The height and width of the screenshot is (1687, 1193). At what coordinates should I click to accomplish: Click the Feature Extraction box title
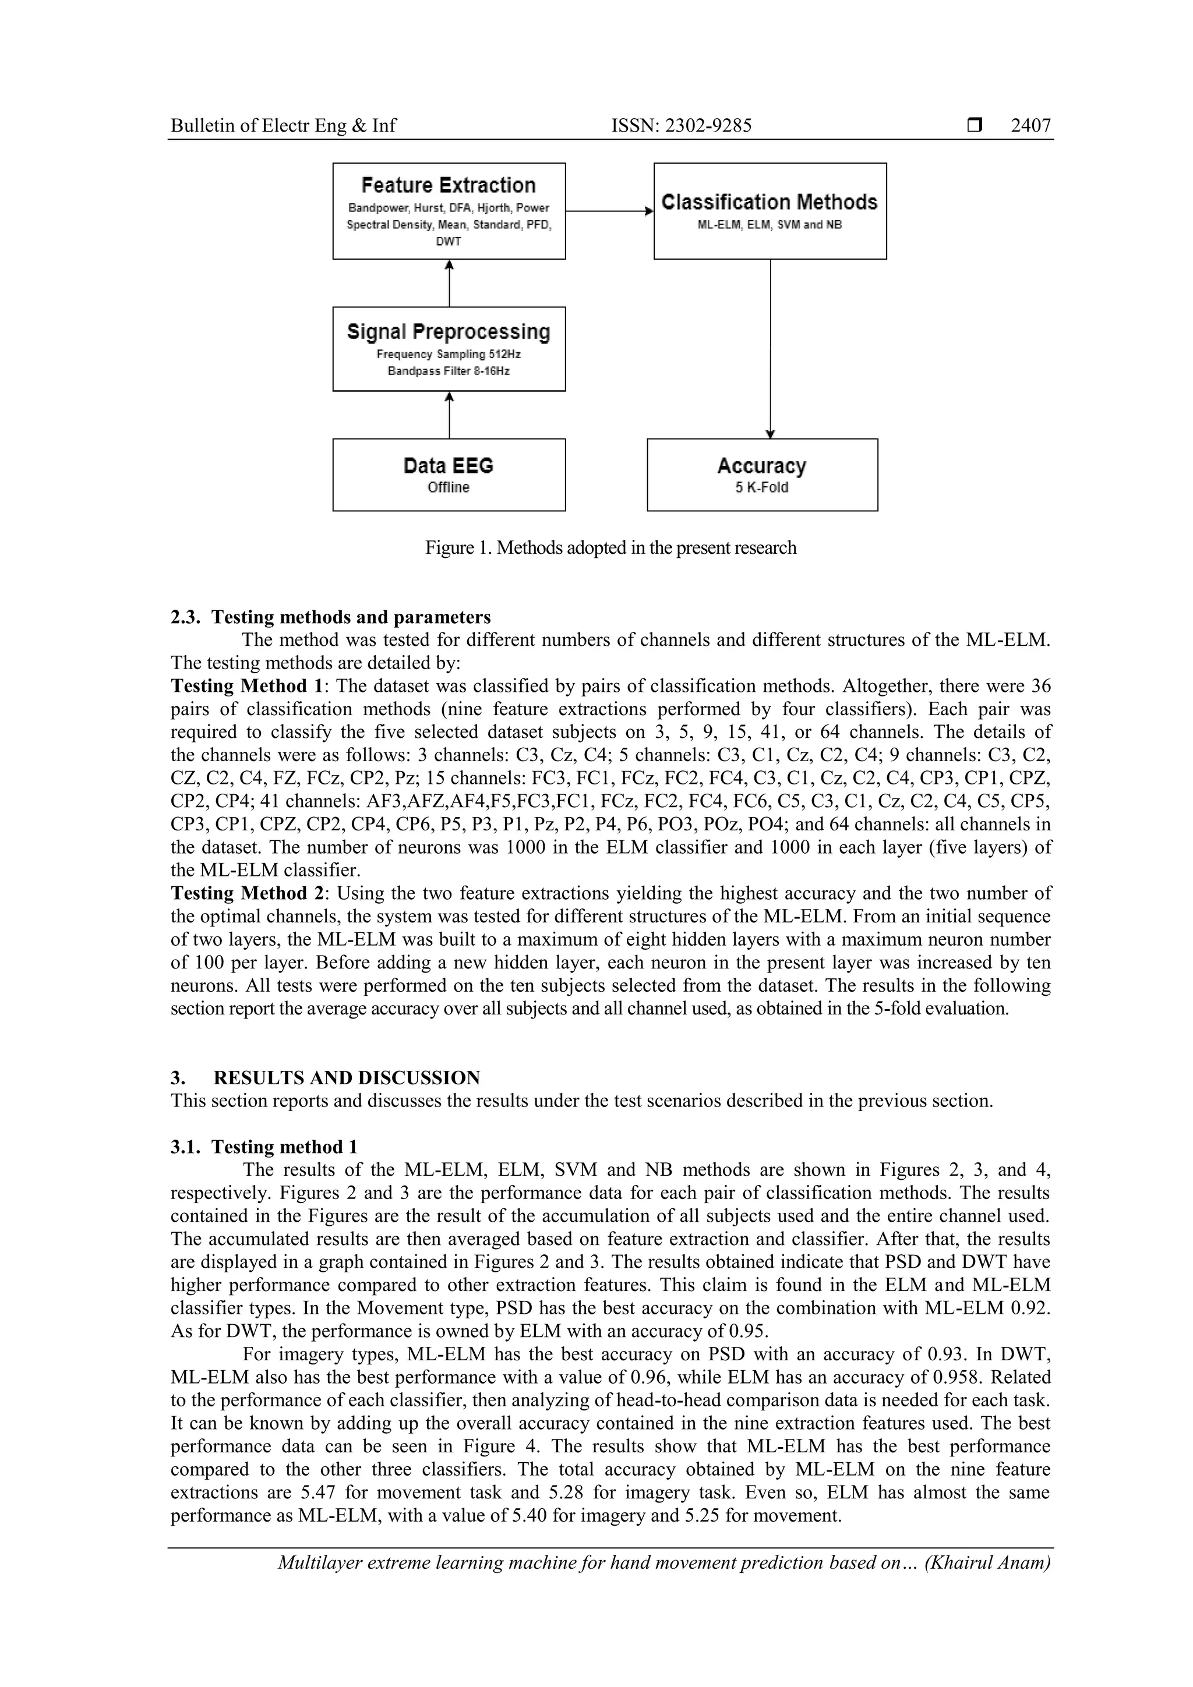click(449, 185)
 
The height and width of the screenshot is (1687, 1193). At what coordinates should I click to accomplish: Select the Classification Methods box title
click(769, 202)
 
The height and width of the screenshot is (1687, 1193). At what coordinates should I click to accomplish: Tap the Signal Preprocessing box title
click(449, 331)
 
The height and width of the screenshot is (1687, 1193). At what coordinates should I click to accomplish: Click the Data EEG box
click(449, 475)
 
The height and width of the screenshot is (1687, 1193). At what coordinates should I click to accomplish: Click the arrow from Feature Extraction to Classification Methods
click(609, 211)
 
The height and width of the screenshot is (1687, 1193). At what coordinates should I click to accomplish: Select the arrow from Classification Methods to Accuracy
click(770, 349)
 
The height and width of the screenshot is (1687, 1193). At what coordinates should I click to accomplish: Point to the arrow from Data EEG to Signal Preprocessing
click(449, 415)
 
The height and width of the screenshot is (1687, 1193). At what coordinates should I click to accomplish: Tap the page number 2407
click(1030, 126)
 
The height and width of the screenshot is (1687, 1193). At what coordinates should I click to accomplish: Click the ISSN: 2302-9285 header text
click(682, 126)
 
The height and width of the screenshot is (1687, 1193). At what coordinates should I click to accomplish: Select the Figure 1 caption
click(610, 547)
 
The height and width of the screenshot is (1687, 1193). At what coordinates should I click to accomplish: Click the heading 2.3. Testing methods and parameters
click(331, 617)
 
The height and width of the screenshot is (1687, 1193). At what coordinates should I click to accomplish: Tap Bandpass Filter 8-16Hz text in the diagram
click(449, 371)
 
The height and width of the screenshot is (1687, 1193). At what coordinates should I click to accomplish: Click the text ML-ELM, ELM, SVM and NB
click(769, 225)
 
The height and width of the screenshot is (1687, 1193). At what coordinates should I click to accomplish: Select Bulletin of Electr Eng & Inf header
click(283, 126)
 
